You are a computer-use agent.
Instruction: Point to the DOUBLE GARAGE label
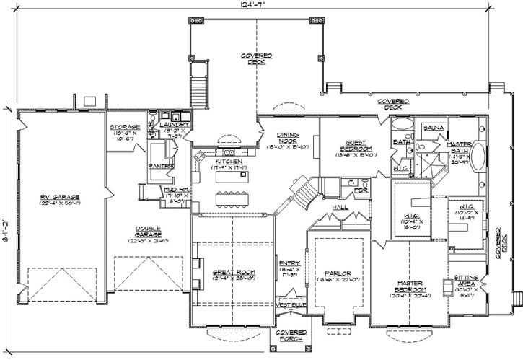[x=147, y=232]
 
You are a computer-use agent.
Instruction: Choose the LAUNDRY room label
[x=176, y=125]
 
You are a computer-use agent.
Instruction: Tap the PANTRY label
[x=161, y=166]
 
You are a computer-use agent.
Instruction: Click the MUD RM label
[x=176, y=189]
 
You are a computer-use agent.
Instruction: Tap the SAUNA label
[x=433, y=127]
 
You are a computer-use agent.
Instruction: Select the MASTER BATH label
[x=459, y=148]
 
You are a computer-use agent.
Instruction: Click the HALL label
[x=340, y=208]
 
